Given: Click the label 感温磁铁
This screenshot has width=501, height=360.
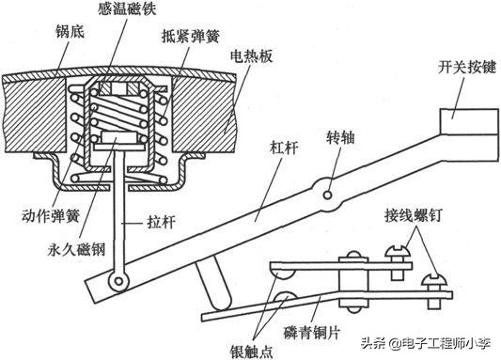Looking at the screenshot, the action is tap(127, 8).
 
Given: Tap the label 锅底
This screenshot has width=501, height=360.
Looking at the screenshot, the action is tap(70, 32).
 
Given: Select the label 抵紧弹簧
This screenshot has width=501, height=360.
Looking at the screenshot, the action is tap(191, 37).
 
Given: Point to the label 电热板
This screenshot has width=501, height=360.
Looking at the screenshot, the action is tap(252, 56).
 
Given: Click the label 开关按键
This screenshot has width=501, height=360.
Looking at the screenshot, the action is tap(467, 68).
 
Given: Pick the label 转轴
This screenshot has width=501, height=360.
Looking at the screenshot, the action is tap(340, 137).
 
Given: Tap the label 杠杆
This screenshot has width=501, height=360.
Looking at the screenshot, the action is tap(285, 148).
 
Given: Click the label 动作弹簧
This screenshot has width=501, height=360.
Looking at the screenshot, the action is tap(51, 216).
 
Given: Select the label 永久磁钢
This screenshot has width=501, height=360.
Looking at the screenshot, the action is tap(76, 249).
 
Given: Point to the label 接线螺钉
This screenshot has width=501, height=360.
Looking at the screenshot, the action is tap(414, 216).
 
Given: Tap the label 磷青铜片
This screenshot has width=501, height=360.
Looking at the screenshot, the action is tap(311, 333).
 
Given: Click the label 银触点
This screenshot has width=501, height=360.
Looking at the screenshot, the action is tap(252, 352).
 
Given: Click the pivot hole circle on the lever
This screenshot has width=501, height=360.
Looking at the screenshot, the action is tap(327, 195).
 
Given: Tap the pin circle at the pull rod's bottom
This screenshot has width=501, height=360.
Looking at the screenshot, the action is tap(118, 281).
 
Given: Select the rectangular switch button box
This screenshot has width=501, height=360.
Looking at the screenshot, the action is tap(469, 121).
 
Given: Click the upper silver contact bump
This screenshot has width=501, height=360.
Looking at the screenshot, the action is tap(282, 274).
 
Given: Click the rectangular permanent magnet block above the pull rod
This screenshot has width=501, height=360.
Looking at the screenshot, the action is tap(118, 137).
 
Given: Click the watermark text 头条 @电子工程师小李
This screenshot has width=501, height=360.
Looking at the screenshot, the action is tap(426, 343).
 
